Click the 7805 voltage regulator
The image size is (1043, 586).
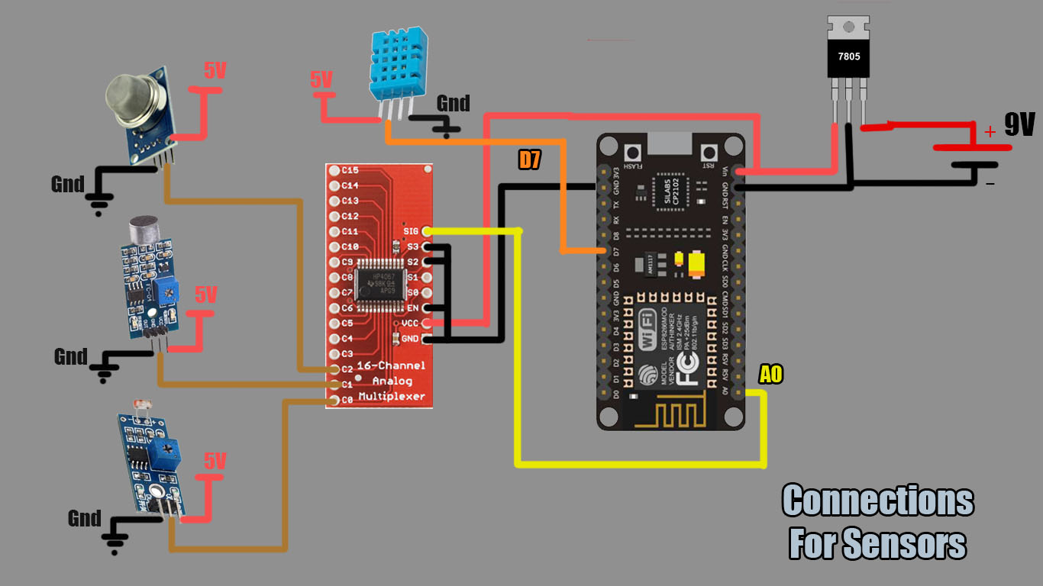pos(848,57)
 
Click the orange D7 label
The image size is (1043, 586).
pos(530,159)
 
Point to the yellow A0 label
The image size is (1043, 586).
pos(770,375)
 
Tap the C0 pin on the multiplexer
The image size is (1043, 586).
pos(334,399)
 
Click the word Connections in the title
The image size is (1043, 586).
pos(877,501)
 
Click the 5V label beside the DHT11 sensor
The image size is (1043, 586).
pos(321,79)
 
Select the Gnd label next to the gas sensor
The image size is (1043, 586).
pos(67,184)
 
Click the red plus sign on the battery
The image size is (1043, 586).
pos(990,132)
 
